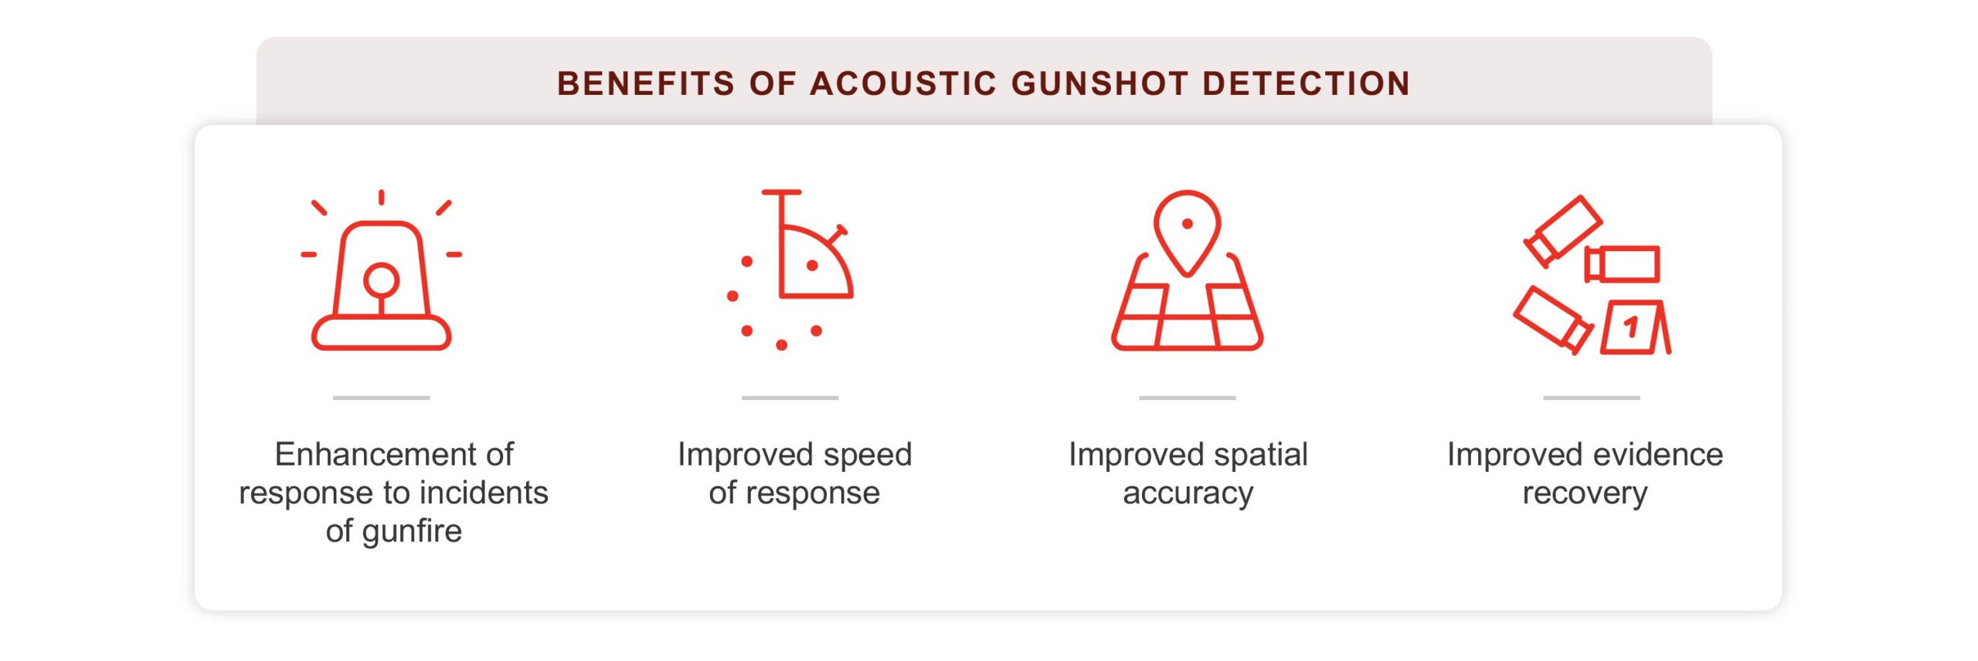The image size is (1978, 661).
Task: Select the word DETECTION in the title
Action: click(1307, 83)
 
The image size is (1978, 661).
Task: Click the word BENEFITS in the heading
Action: click(646, 83)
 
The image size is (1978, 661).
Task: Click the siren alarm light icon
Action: click(381, 270)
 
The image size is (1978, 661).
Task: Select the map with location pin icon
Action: click(1187, 270)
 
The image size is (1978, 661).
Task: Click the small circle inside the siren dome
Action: click(381, 280)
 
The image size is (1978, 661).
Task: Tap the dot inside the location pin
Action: click(1188, 224)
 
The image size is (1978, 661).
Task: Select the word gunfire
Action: click(411, 532)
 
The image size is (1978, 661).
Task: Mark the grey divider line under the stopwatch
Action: click(790, 398)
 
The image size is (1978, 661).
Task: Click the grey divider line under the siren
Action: click(381, 398)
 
